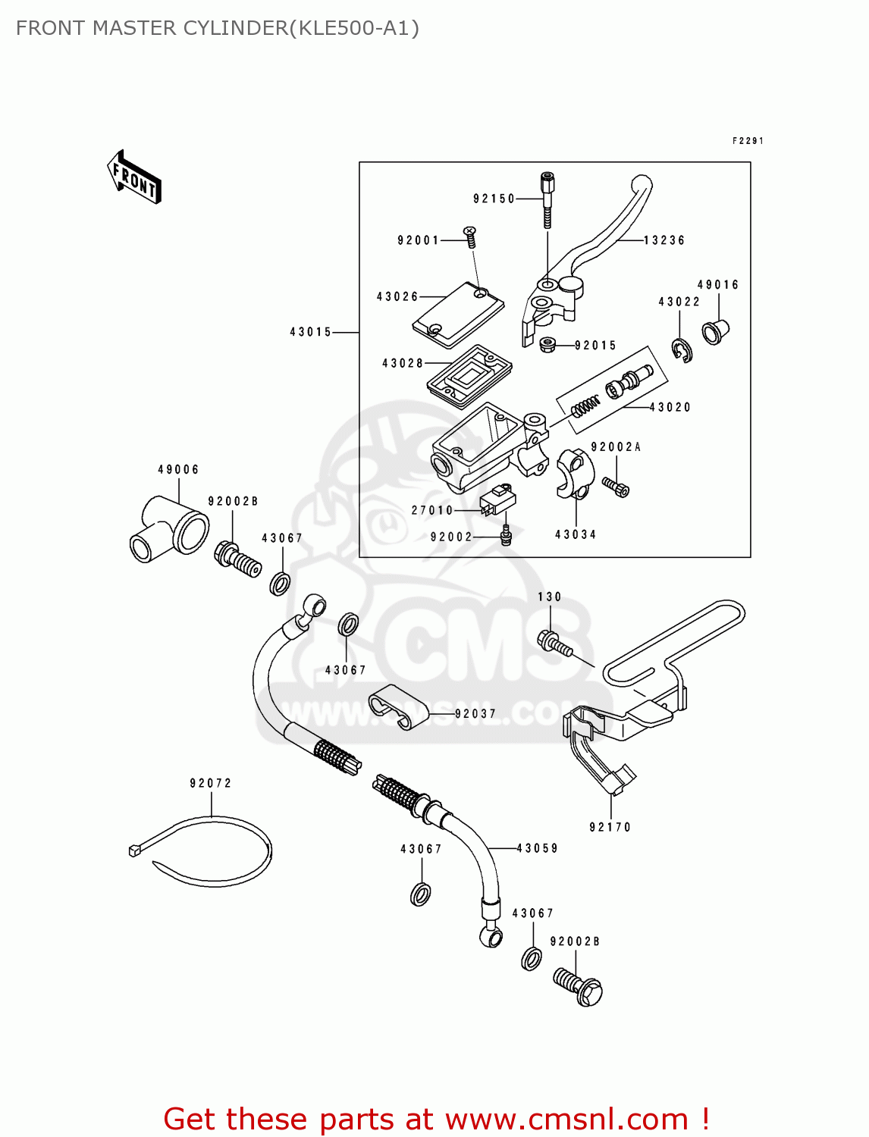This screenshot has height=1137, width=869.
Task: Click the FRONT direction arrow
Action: coord(134,177)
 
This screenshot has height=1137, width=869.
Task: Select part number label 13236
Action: coord(664,240)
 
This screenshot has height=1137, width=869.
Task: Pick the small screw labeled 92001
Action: coord(470,236)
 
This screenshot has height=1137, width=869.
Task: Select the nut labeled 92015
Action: coord(547,345)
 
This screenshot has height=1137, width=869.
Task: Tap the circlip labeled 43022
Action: coord(682,349)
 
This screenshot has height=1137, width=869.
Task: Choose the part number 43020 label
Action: coord(670,407)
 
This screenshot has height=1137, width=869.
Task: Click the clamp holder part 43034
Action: coord(571,473)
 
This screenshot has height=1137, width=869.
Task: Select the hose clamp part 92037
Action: coord(397,706)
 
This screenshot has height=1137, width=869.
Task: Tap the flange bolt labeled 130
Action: coord(554,644)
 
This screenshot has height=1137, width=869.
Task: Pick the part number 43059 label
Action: coord(537,848)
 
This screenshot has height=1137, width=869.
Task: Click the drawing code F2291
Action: coord(748,141)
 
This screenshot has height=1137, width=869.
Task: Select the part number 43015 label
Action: coord(311,332)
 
